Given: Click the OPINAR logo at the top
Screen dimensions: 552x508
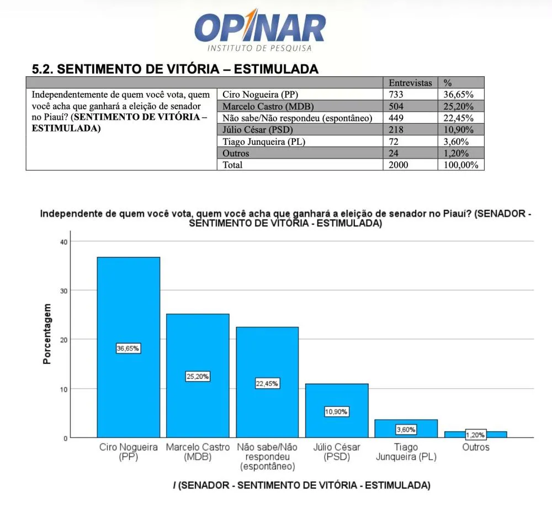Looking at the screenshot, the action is coord(260,30).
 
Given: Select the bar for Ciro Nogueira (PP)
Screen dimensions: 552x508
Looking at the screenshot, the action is coord(129,347).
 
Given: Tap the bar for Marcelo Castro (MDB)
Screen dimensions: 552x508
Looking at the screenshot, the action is coord(198,376).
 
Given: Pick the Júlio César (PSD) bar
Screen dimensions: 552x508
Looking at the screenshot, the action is coord(337,411).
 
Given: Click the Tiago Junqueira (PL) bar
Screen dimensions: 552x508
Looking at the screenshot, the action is coord(406,429).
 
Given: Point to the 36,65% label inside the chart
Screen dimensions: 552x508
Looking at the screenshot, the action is coord(128,348).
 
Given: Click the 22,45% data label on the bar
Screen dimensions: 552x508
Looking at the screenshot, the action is coord(267,383).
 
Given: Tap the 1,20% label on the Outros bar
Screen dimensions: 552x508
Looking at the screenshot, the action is coord(476,435).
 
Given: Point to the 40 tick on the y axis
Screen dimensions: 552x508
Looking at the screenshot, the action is coord(63,242).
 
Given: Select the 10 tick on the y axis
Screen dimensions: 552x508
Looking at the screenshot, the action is coord(63,389).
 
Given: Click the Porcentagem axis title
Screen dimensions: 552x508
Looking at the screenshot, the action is coord(47,334).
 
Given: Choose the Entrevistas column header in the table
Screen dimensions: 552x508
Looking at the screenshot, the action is coord(410,83).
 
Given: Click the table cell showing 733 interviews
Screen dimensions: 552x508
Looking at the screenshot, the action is coord(396,94).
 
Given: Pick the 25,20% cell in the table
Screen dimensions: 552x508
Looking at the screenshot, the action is coord(458,107).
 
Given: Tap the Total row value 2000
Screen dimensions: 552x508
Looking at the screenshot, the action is coord(398,165).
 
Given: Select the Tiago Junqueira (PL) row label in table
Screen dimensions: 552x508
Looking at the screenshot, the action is coord(264,141).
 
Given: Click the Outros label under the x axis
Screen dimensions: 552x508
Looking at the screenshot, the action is coord(476,447).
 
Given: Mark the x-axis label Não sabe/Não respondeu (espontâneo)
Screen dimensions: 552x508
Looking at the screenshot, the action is coord(267,457).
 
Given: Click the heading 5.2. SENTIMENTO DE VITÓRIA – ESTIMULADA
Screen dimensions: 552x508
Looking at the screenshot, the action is coord(175,69).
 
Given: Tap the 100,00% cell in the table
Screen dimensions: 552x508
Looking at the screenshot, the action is coord(461,165).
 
